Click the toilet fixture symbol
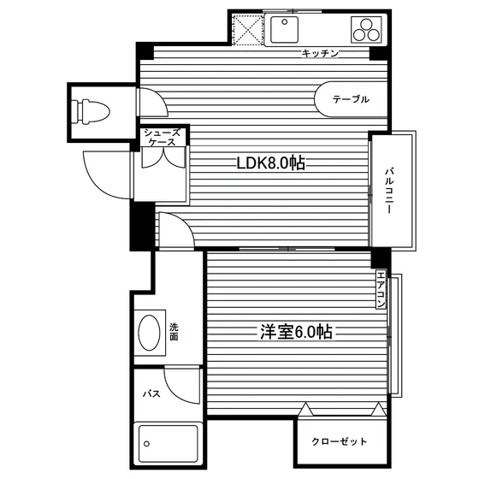tap(92, 112)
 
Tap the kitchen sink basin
tap(284, 30)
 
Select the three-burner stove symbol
tap(366, 30)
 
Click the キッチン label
tap(320, 53)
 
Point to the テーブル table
tap(351, 99)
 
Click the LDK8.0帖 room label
tap(270, 163)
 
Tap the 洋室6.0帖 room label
tap(296, 332)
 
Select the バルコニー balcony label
tap(388, 190)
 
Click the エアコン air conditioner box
tap(381, 289)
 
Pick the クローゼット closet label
tap(339, 441)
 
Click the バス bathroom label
tap(151, 393)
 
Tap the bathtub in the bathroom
tap(168, 444)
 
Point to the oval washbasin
tap(150, 333)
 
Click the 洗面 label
tap(174, 332)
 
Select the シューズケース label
tap(163, 137)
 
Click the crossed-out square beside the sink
tap(247, 30)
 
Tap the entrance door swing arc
tap(98, 183)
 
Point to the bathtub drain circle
tap(146, 444)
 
